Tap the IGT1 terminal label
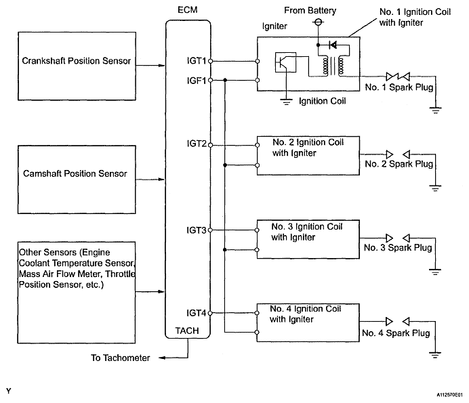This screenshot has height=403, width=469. coord(197,61)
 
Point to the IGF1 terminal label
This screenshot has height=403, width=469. coord(197,81)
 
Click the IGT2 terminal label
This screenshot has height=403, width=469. coord(197,144)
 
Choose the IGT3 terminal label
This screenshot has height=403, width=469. coord(197,230)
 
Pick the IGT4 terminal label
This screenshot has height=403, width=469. coord(197,313)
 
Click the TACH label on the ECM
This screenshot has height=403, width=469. coord(187,331)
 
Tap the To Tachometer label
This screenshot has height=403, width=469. coord(120,358)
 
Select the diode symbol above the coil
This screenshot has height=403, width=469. coord(333,45)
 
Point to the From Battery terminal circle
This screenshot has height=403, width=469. coord(318,22)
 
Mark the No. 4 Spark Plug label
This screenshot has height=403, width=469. coord(396,333)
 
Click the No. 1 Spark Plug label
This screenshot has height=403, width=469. coord(399,87)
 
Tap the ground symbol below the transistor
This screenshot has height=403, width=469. coord(286,102)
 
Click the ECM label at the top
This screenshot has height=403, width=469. coord(188,10)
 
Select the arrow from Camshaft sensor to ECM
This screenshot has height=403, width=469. coord(150,179)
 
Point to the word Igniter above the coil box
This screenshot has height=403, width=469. coord(274,26)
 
